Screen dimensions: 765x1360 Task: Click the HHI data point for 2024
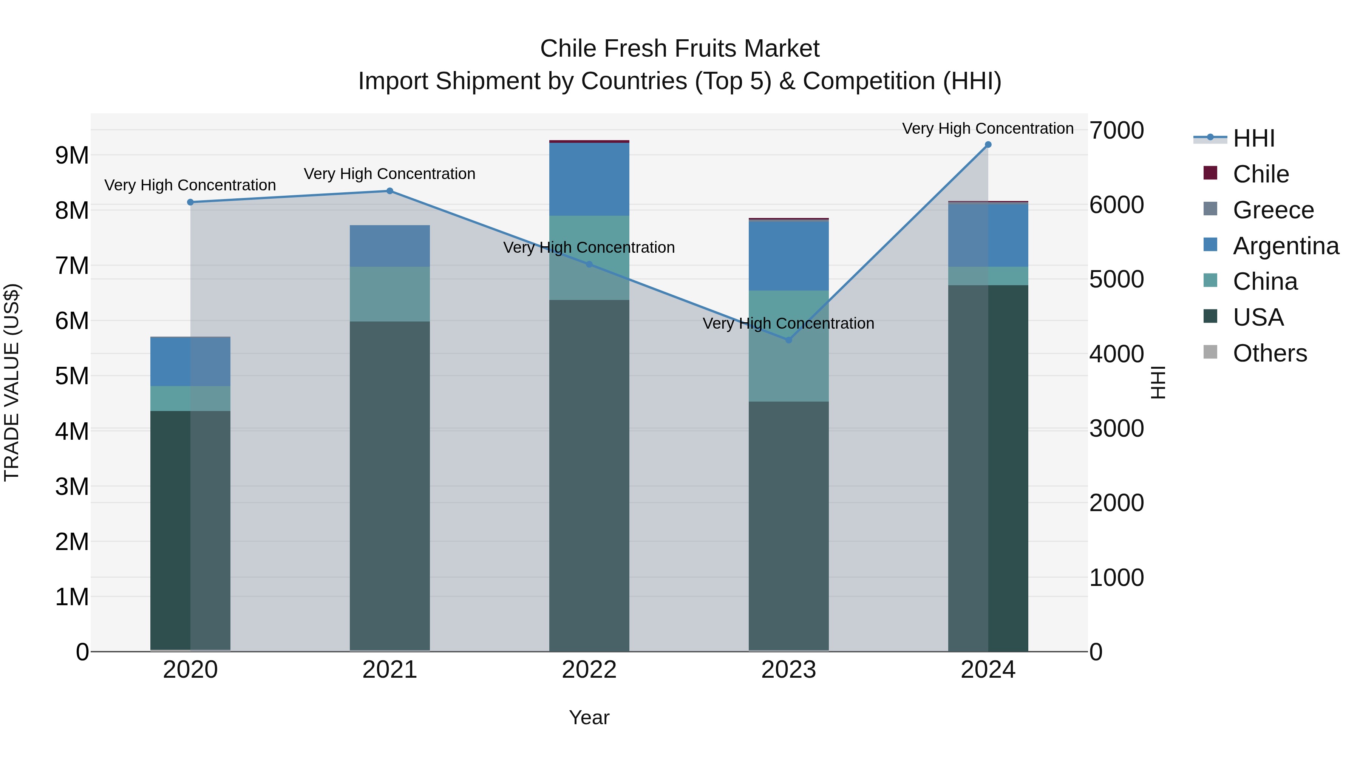(x=988, y=145)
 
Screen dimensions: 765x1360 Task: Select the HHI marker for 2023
(x=789, y=340)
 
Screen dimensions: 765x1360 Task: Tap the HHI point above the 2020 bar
(x=191, y=202)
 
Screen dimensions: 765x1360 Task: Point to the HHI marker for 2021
(x=389, y=191)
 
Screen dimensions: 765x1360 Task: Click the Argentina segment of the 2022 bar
(x=589, y=179)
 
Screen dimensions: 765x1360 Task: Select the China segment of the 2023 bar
(x=789, y=346)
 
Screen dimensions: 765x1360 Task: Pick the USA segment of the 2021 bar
(x=389, y=486)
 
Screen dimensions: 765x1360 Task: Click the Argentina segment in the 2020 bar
(x=191, y=362)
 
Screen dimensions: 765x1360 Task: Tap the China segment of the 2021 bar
(x=389, y=294)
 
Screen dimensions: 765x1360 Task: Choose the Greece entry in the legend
(x=1273, y=210)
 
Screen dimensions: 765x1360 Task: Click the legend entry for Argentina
(x=1286, y=246)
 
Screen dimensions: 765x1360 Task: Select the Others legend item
(x=1270, y=353)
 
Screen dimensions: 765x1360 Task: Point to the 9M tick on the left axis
(x=72, y=156)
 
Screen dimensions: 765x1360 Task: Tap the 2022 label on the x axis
(x=589, y=670)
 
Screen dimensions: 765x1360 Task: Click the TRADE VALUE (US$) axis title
(x=12, y=382)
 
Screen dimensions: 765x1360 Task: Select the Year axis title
(x=589, y=717)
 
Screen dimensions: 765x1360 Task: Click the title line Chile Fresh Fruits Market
(x=680, y=49)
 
